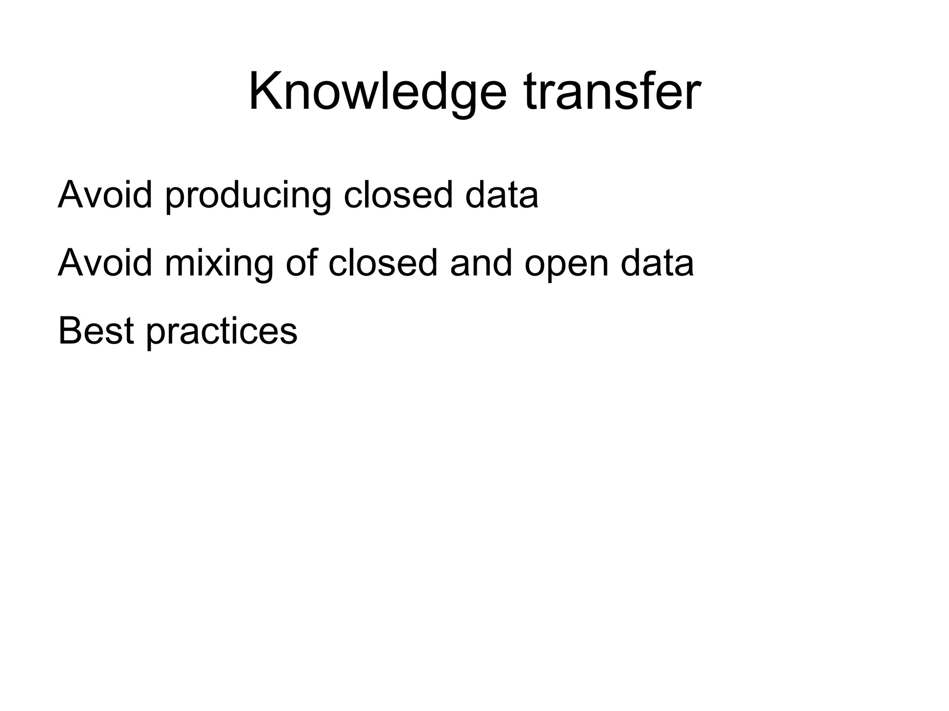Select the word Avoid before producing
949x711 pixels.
(105, 194)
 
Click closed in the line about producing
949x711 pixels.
(398, 194)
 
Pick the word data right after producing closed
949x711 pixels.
(501, 194)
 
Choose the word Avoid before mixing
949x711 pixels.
(105, 262)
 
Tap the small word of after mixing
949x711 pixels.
(302, 262)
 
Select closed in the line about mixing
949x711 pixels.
(383, 262)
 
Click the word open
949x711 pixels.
(567, 264)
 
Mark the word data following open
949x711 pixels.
(657, 262)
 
